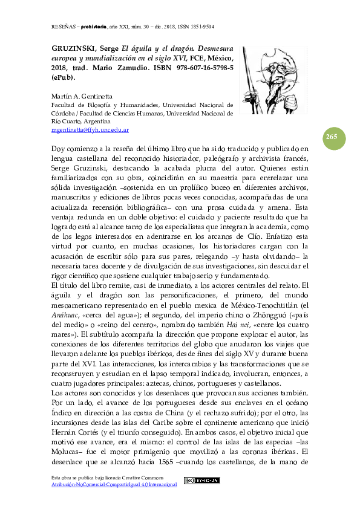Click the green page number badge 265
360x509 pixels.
click(332, 137)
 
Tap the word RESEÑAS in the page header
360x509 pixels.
click(59, 27)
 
